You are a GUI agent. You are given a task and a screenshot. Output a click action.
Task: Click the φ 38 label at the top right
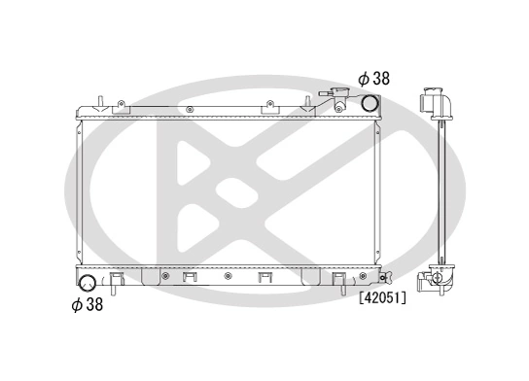click(374, 78)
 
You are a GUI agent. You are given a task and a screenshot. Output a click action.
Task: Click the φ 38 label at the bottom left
click(88, 304)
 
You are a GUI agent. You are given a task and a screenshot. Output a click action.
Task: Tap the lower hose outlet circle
click(87, 284)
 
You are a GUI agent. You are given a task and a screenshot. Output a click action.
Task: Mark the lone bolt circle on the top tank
click(192, 107)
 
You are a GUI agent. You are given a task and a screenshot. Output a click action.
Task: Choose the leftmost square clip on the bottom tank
click(117, 280)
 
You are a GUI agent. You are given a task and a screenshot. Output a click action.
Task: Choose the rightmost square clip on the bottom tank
click(339, 280)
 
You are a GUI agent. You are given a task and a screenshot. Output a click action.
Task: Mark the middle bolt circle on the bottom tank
click(227, 276)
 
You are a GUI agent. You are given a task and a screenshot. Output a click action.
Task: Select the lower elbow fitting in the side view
click(433, 280)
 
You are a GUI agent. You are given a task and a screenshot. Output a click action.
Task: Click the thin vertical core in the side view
click(440, 194)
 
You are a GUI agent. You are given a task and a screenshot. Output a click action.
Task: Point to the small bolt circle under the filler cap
click(351, 108)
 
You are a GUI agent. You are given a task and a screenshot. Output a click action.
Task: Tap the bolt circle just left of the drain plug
click(370, 276)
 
